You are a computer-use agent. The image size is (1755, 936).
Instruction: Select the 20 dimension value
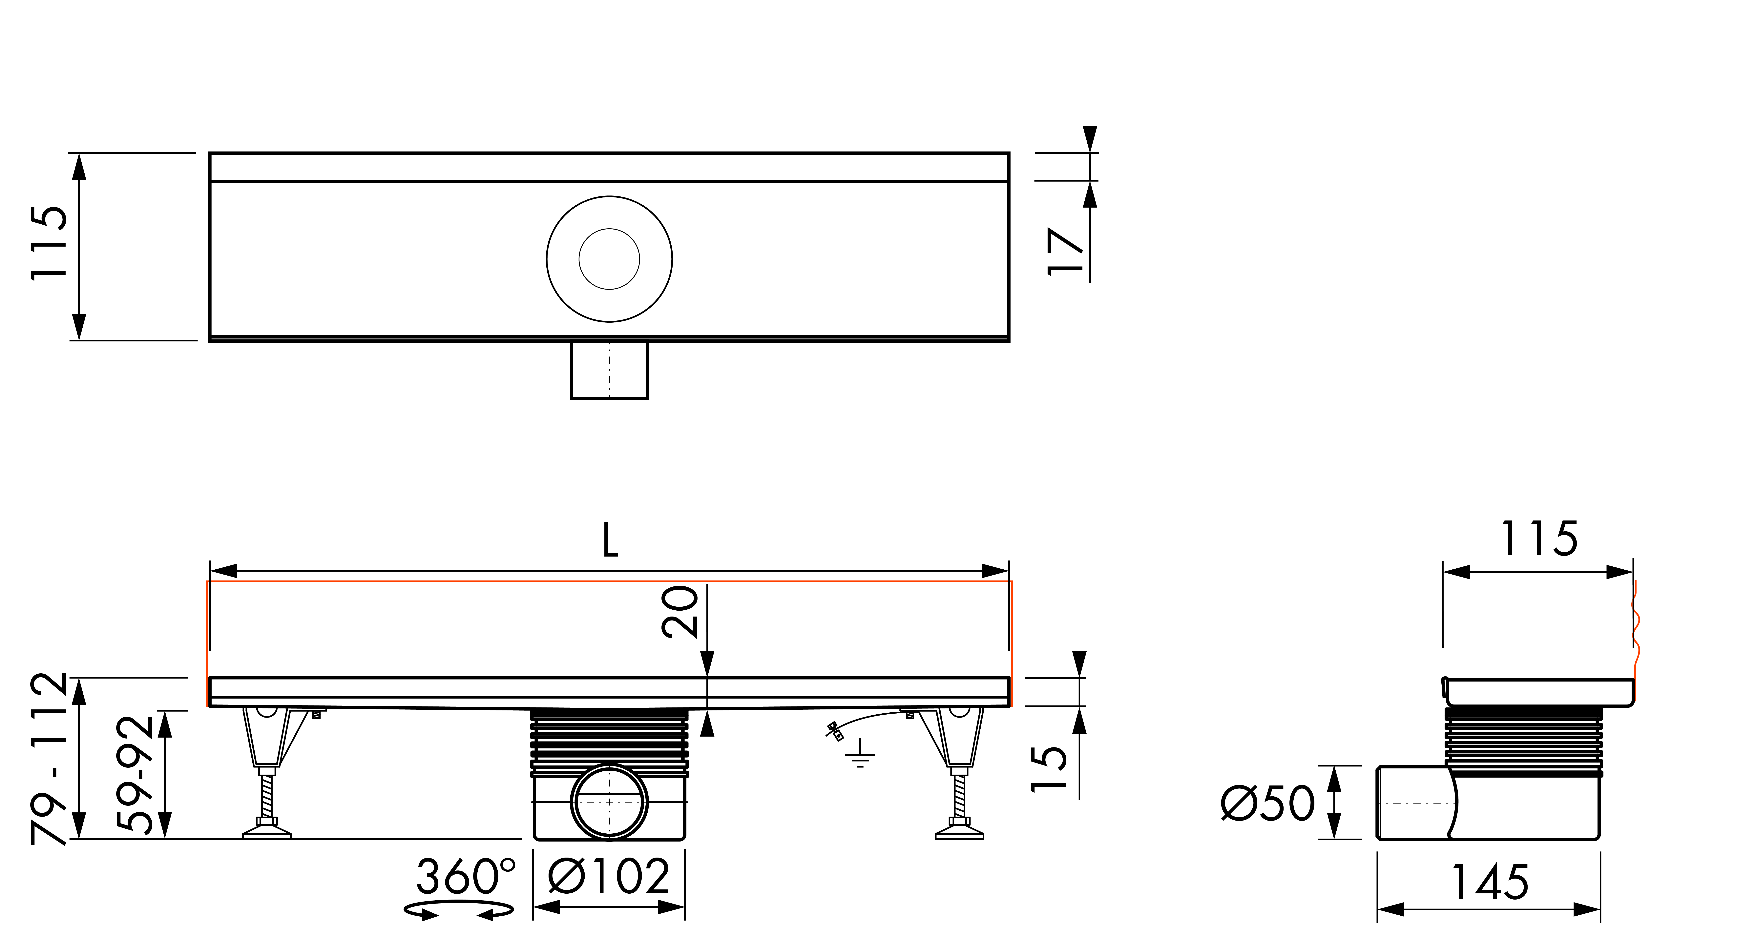click(x=680, y=612)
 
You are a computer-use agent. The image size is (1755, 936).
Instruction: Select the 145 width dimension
click(x=1490, y=882)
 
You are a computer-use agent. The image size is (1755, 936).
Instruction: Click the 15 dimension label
click(x=1048, y=768)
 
